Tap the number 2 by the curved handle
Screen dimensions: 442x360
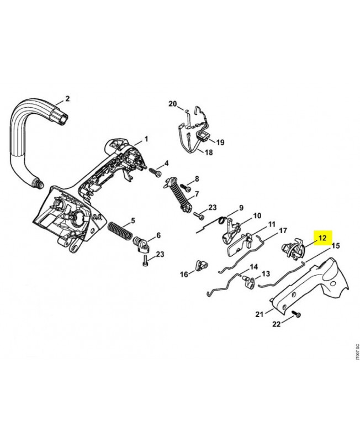click(x=67, y=99)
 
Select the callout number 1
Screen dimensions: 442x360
click(x=146, y=138)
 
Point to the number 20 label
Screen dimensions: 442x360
click(x=172, y=104)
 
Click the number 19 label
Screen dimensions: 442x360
click(x=220, y=142)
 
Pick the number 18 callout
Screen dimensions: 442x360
click(x=209, y=152)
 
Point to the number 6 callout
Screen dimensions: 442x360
click(x=158, y=235)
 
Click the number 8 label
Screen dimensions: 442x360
click(x=196, y=180)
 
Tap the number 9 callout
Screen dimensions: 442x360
click(x=241, y=208)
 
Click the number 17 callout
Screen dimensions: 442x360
click(x=282, y=230)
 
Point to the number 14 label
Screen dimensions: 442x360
click(x=254, y=266)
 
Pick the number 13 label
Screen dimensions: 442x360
click(x=265, y=273)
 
